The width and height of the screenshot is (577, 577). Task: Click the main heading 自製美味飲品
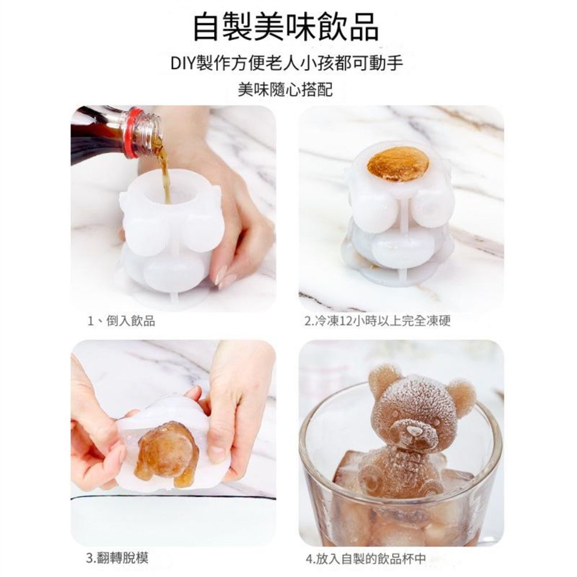click(x=285, y=27)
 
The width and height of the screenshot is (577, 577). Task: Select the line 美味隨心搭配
click(x=285, y=90)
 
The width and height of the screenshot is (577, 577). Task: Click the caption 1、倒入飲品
click(x=121, y=321)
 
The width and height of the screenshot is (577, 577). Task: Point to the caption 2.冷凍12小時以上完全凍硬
click(x=378, y=321)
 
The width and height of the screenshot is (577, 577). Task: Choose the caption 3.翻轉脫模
click(x=117, y=558)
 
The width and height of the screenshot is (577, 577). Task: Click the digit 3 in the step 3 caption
click(x=90, y=558)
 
